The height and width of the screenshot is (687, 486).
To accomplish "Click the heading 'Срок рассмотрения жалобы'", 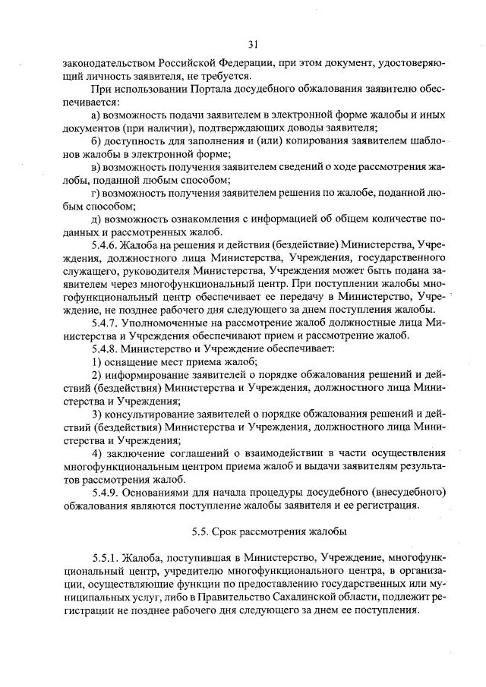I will coord(268,531).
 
